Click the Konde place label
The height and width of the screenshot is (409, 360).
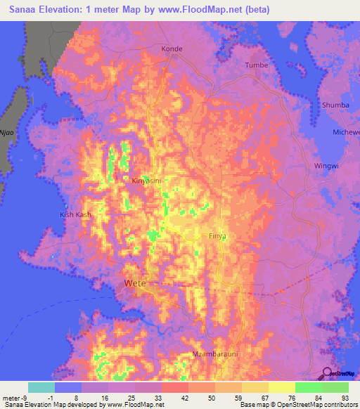click(x=172, y=49)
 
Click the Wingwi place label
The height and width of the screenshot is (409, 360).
click(x=325, y=167)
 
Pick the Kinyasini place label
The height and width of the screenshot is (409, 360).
click(x=147, y=181)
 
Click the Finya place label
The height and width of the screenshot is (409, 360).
click(x=217, y=237)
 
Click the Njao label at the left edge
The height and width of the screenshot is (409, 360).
click(x=7, y=131)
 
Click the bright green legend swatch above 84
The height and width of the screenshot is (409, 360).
click(x=309, y=387)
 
